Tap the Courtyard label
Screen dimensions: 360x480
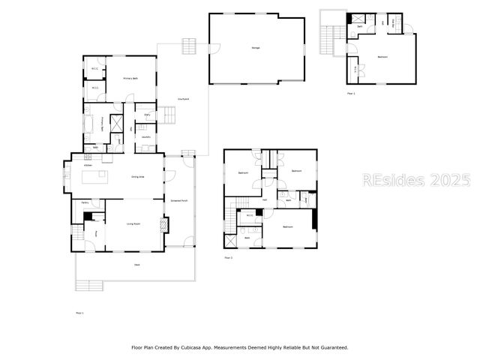tap(182, 98)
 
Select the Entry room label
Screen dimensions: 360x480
tap(147, 115)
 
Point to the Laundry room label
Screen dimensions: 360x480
tap(146, 136)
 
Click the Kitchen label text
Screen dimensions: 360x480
tap(88, 165)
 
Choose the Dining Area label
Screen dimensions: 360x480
tap(138, 177)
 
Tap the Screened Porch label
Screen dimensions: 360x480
tap(179, 201)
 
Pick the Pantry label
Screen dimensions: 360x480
tap(85, 202)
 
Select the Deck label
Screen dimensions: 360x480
tap(137, 265)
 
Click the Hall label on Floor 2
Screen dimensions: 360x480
tap(265, 199)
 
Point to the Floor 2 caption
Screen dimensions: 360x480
tap(228, 258)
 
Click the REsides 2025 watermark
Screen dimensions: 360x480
tap(416, 180)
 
